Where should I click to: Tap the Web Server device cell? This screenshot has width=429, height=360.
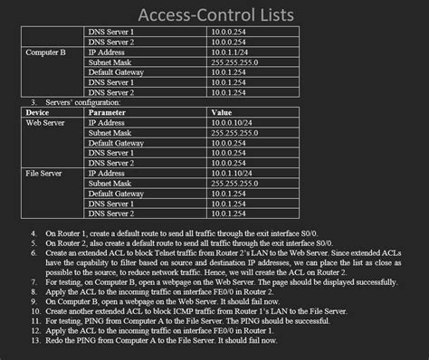(46, 122)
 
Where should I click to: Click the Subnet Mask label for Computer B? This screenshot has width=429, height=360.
(111, 62)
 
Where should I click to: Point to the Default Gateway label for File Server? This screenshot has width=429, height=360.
(116, 194)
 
